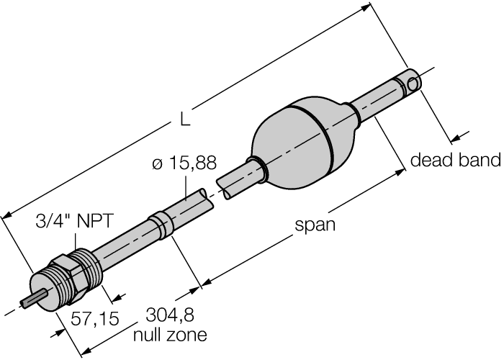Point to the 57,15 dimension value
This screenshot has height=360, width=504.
pos(94,318)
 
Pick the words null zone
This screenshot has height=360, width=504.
pos(170,335)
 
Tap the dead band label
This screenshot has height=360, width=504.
pos(454,160)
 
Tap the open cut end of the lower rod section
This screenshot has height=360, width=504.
pos(207,199)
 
